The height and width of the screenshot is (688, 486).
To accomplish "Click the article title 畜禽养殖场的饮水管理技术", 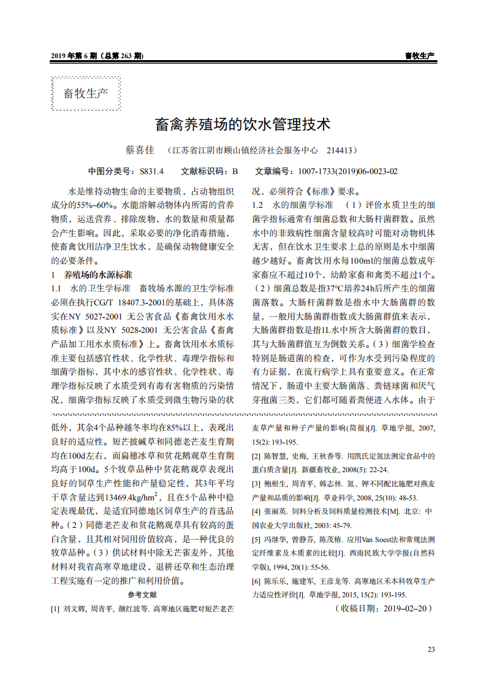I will pos(243,125).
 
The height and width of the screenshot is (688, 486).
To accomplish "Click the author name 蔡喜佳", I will pos(139,150).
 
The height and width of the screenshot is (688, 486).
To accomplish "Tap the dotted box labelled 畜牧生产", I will pos(86,94).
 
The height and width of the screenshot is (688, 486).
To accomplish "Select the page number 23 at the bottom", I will pos(431,649).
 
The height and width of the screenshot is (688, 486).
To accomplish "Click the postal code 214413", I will pos(340,150).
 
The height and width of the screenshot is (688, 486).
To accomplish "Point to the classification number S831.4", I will pos(151,172).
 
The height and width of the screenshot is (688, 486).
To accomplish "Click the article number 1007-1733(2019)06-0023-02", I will pos(347,172).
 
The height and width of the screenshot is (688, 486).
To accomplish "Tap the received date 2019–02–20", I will pos(408,608).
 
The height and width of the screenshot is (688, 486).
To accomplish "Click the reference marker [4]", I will pos(256,511).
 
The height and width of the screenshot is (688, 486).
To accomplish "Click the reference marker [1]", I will pos(55,609).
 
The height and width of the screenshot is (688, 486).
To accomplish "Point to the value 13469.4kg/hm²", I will pos(132,497).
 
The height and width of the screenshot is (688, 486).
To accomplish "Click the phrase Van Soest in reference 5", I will pos(366,540).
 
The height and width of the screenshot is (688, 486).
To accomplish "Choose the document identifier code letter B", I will pos(234,172).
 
